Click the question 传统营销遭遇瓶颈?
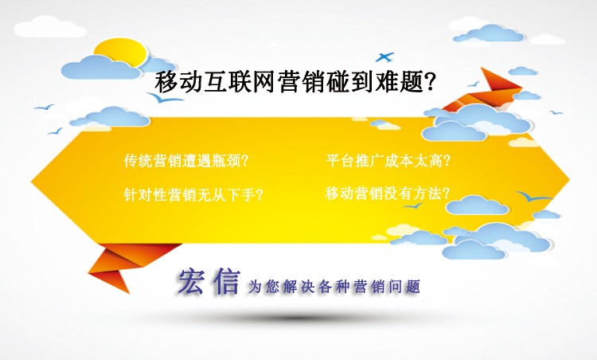(186, 159)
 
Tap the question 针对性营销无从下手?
(194, 194)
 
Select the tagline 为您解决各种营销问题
(334, 286)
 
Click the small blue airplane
(384, 57)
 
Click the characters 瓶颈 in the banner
(226, 159)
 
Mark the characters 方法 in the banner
(430, 193)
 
